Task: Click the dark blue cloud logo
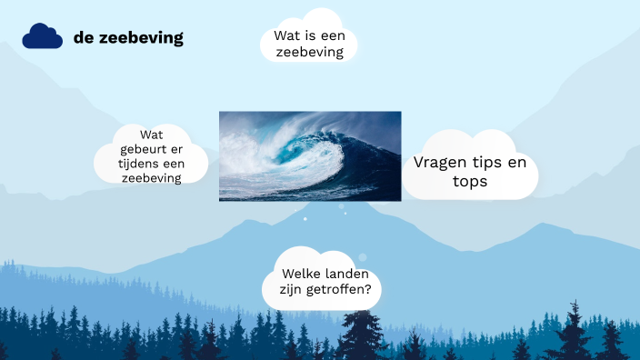pyautogui.click(x=42, y=36)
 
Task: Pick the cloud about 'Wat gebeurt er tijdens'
pyautogui.click(x=151, y=156)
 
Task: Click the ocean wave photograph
pyautogui.click(x=310, y=155)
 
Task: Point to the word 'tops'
pyautogui.click(x=470, y=182)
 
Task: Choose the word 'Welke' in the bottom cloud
pyautogui.click(x=302, y=274)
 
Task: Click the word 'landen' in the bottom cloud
pyautogui.click(x=348, y=274)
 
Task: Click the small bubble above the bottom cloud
pyautogui.click(x=362, y=257)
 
